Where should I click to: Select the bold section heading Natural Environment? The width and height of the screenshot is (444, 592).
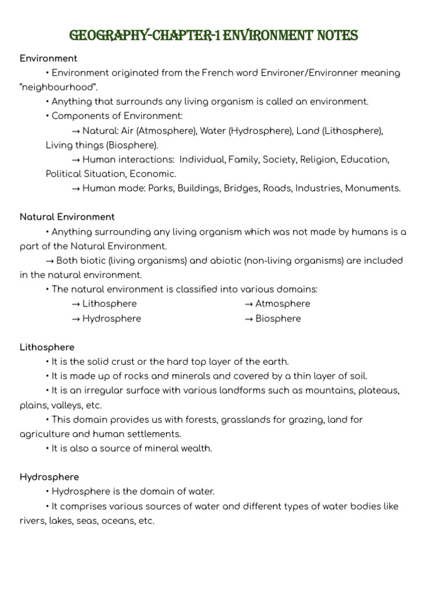coord(67,217)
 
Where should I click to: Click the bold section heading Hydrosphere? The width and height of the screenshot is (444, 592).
coord(49,477)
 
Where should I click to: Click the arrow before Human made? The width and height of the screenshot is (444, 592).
coord(76,188)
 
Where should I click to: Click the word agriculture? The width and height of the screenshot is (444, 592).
coord(45,434)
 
